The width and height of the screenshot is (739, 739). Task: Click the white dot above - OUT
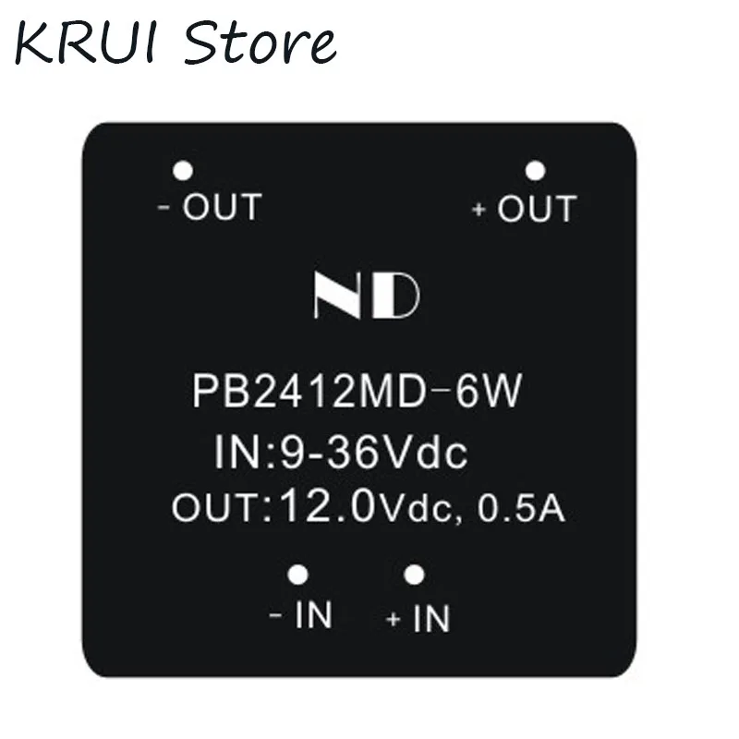click(183, 171)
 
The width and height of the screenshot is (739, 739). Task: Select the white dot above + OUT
click(535, 171)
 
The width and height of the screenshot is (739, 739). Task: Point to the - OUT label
click(211, 207)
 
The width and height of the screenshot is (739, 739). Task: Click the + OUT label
click(524, 209)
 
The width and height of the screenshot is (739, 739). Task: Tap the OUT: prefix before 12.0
click(220, 508)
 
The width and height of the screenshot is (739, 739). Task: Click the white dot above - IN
click(297, 575)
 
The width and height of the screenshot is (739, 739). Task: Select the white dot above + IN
click(415, 575)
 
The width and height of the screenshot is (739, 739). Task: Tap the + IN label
click(418, 618)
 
